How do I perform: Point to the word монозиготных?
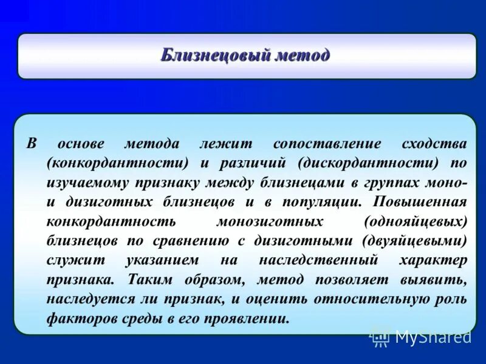[x=260, y=221]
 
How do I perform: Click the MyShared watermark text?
[x=433, y=337]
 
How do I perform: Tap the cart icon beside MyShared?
[x=380, y=337]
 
